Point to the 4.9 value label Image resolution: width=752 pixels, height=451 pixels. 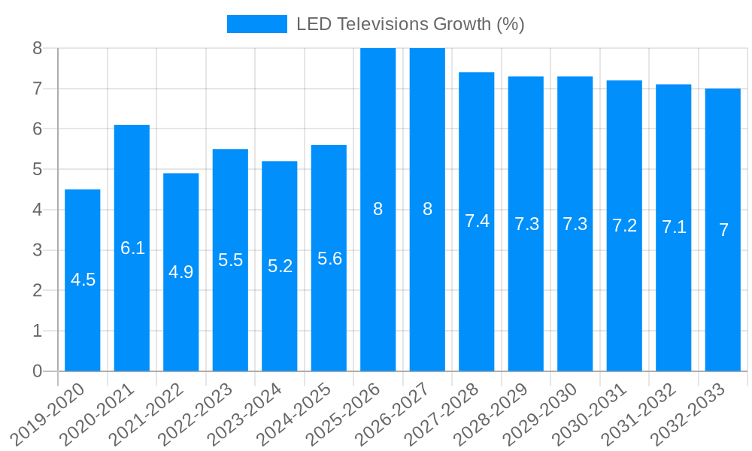click(180, 272)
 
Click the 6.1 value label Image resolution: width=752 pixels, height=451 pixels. click(132, 248)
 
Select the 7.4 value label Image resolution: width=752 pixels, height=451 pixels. click(477, 221)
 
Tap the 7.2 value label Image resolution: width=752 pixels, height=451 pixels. click(624, 225)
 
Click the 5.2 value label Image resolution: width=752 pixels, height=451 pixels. click(280, 266)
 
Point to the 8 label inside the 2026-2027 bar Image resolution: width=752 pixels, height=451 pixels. click(427, 210)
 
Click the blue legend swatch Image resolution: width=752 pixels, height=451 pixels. click(257, 24)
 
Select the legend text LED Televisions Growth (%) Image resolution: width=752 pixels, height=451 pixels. click(410, 24)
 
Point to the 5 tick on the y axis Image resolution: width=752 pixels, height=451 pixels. click(38, 170)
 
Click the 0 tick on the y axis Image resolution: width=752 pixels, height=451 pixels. click(38, 371)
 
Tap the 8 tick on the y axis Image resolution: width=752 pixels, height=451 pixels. click(38, 49)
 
